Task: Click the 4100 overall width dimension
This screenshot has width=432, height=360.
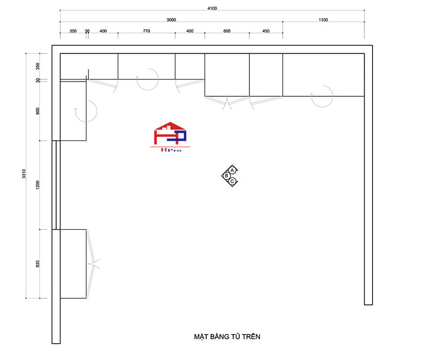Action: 212,8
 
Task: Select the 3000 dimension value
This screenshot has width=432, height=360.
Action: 171,20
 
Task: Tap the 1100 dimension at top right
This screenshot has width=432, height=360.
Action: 323,20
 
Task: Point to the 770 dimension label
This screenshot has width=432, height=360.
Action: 146,31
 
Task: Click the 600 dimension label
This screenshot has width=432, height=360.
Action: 227,31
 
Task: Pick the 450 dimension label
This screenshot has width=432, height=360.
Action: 266,31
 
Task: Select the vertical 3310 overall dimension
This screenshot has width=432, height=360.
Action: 24,174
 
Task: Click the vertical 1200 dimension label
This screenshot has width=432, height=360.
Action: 38,185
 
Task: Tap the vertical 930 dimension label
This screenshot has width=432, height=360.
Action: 38,264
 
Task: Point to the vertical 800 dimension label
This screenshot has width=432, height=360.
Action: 38,111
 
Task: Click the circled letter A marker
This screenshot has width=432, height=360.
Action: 232,170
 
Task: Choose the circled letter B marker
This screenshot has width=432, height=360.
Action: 226,176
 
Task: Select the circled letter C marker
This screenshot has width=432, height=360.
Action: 232,181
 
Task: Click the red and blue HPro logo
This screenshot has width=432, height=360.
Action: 170,137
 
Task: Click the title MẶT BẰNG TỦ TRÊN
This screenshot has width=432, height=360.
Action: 227,337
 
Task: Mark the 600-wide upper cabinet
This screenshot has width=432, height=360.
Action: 227,75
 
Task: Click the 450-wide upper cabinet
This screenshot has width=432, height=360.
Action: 266,75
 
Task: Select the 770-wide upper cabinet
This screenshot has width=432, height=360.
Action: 146,66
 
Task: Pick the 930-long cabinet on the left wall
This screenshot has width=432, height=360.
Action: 73,264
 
